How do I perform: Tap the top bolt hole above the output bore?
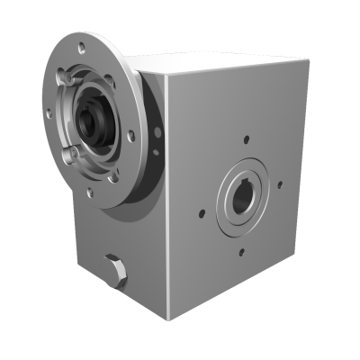pyautogui.click(x=247, y=139)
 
